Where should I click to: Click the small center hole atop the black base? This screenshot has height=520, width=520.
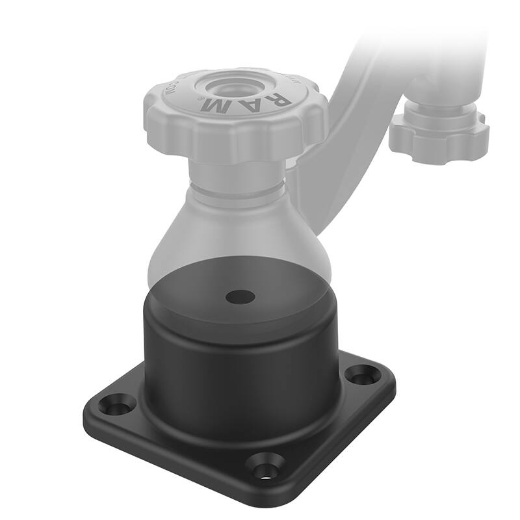tap(240, 296)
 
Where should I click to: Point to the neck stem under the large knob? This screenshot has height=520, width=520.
tap(237, 172)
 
